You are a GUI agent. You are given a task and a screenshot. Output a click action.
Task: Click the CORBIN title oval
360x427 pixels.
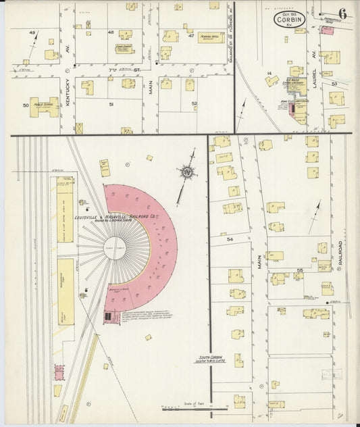point(290,19)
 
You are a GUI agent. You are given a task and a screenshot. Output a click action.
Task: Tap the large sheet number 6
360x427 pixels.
point(343,14)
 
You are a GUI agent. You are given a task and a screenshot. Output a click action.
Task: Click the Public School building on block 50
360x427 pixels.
point(43,106)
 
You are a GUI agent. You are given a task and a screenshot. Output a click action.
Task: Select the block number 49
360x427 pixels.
point(32,32)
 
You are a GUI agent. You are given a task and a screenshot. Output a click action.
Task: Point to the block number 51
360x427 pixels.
point(111,105)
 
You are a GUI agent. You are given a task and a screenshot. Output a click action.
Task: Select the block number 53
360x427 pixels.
point(334,84)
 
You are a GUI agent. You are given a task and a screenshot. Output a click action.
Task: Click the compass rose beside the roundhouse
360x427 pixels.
point(187,172)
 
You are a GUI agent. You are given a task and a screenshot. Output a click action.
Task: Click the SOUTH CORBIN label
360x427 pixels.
point(211,358)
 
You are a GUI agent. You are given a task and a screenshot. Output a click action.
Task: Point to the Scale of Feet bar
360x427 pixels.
point(195,409)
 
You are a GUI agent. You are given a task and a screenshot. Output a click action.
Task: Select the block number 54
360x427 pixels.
point(230,239)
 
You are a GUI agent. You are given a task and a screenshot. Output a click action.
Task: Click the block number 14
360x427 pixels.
point(269,73)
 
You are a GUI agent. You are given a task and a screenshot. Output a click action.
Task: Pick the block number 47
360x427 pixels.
point(190,35)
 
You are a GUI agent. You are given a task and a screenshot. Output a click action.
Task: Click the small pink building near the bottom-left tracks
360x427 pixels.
point(59,372)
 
